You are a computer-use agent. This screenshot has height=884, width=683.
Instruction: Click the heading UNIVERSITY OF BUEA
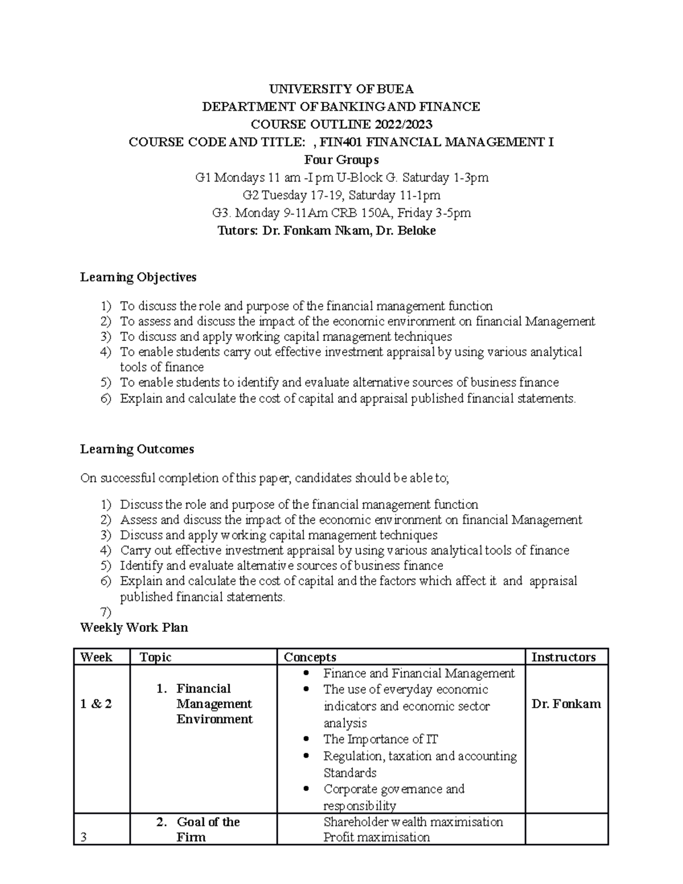pos(341,89)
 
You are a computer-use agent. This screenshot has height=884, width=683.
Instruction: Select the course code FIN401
pos(340,142)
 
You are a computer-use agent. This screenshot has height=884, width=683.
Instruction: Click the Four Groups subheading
pos(341,160)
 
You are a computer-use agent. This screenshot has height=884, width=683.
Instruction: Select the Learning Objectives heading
pos(138,277)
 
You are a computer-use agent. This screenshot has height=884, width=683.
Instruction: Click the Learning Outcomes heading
pos(137,449)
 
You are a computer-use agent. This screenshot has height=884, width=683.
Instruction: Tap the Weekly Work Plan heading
pos(134,628)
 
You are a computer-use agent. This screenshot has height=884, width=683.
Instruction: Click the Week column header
pos(96,657)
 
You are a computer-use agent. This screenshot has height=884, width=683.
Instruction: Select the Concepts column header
pos(310,657)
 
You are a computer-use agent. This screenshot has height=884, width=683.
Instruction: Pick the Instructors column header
pos(563,657)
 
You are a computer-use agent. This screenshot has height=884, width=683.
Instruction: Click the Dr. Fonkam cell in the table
pos(566,704)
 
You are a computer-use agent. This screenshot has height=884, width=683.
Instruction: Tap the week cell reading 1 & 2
pos(96,704)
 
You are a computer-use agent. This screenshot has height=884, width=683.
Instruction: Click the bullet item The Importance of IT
pos(380,739)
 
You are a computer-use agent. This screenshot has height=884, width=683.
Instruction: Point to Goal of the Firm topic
pos(207,829)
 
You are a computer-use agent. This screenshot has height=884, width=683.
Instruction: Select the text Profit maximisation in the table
pos(376,837)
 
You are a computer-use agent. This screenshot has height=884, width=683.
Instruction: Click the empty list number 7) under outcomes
pos(106,612)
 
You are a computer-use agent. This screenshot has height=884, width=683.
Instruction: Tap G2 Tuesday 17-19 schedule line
pos(341,195)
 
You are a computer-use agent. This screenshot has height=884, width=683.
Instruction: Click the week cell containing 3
pos(84,838)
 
